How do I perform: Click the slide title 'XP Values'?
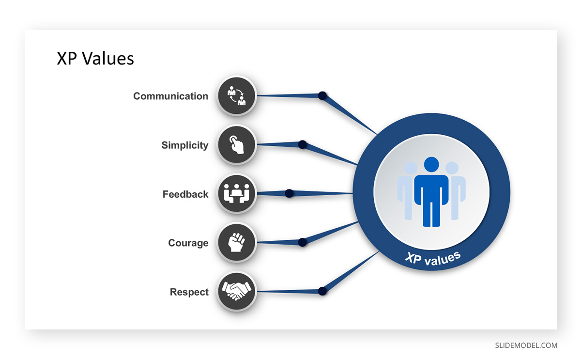coord(95,59)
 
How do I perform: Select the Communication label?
coord(170,96)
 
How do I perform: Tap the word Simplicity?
coord(185,145)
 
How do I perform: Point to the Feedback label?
coord(185,194)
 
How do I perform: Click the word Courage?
coord(188,243)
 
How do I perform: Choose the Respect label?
coord(189,292)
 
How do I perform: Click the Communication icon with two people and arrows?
coord(237,96)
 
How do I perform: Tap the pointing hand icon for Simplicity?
coord(237,144)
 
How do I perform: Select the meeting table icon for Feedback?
coord(237,194)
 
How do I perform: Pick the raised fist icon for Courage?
coord(237,242)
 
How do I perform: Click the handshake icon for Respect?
coord(237,291)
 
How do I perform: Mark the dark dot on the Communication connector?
coord(322,95)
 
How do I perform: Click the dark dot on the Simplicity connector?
coord(303,144)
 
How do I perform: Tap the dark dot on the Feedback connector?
coord(289,193)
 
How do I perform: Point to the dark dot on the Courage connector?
coord(303,242)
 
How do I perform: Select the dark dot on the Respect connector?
coord(322,291)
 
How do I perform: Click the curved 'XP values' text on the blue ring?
coord(433,259)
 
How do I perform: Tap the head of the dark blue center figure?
coord(431,164)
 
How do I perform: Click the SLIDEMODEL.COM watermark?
coord(526,345)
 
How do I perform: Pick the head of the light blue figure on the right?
coord(452,168)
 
